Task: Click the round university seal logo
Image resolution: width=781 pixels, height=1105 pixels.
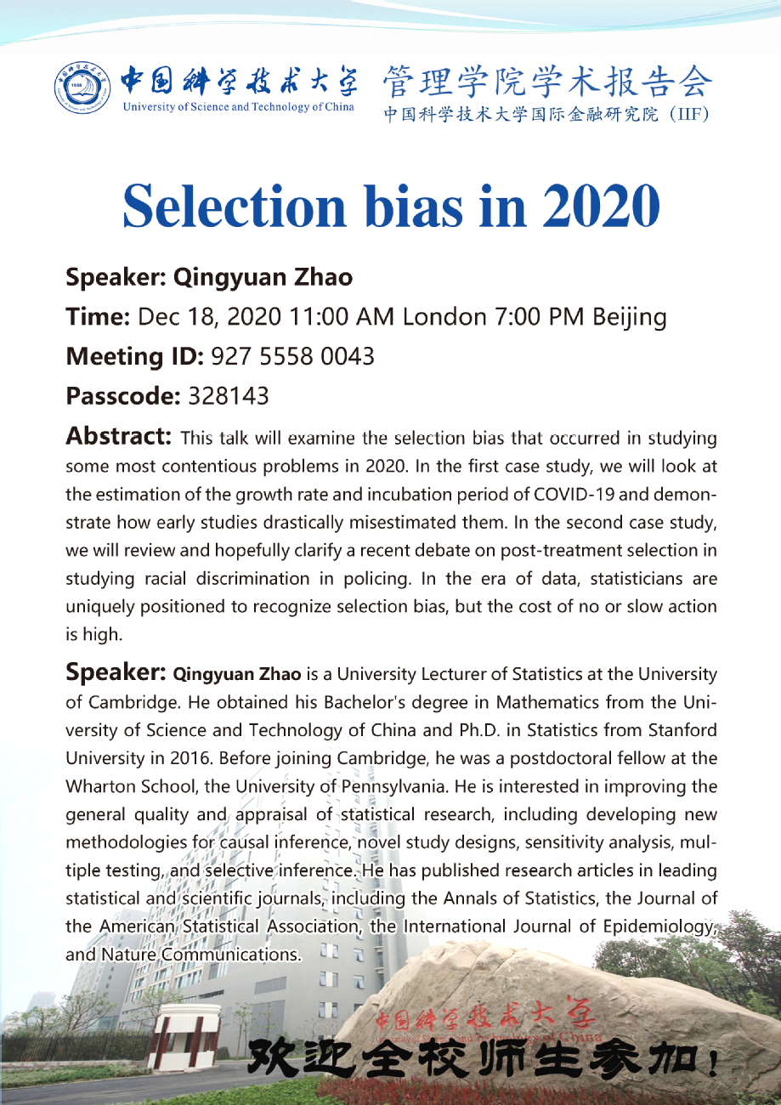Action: pos(82,88)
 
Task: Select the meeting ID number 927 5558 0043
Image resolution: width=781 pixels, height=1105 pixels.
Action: pos(292,357)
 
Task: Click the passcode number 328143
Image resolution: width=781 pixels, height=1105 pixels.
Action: pos(229,396)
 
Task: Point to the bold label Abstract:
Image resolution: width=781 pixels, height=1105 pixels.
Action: pos(119,437)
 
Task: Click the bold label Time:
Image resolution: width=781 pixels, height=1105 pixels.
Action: pos(98,318)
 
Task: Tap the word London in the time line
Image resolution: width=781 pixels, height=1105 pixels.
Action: pos(444,318)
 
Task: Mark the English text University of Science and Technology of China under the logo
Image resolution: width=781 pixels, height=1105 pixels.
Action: pos(239,107)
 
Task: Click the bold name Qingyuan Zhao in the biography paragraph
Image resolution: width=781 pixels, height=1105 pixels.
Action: pos(237,675)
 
